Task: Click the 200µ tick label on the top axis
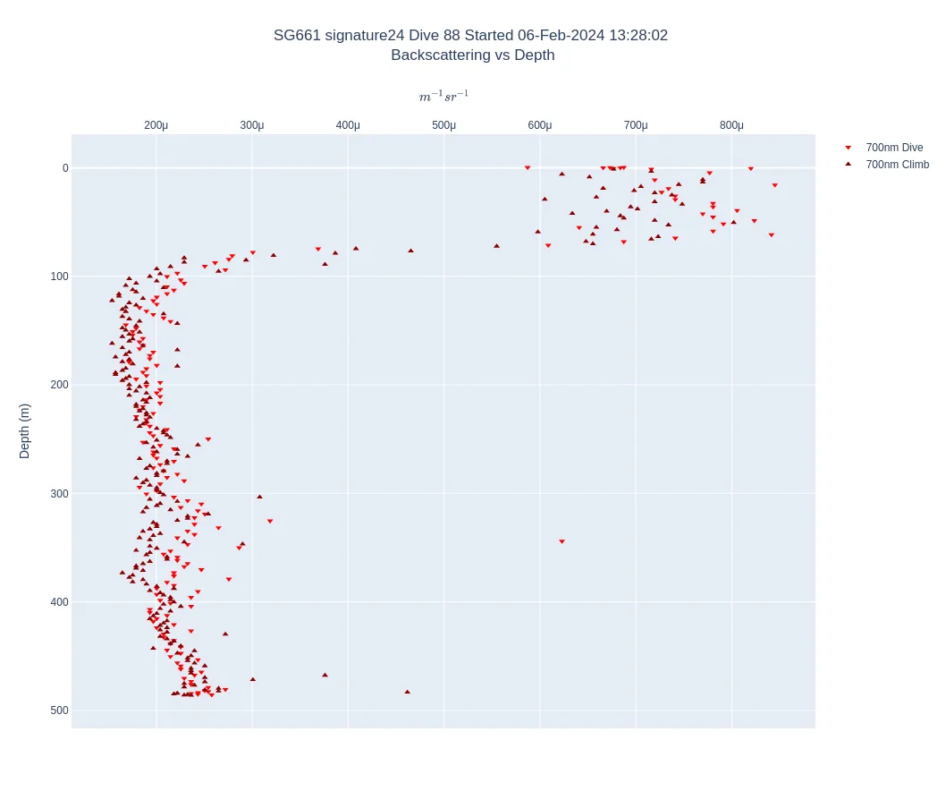click(x=156, y=125)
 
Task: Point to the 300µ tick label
click(x=252, y=125)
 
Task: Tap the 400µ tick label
click(x=348, y=125)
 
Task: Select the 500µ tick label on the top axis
click(x=444, y=125)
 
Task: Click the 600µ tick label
click(x=540, y=125)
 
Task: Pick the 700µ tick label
click(x=636, y=125)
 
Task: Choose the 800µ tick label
click(x=731, y=125)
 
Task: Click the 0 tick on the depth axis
click(x=65, y=168)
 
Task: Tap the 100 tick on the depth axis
click(x=59, y=277)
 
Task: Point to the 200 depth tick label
click(x=59, y=385)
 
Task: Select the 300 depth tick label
click(x=59, y=494)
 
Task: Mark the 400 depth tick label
click(x=59, y=602)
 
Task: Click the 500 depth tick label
click(x=59, y=711)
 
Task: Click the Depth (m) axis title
click(x=25, y=431)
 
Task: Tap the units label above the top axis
click(x=443, y=97)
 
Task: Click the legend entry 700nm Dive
click(x=894, y=148)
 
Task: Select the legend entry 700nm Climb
click(x=897, y=165)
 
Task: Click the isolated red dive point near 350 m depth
click(x=562, y=541)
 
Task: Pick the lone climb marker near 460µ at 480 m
click(x=407, y=692)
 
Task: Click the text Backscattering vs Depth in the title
click(x=472, y=55)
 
